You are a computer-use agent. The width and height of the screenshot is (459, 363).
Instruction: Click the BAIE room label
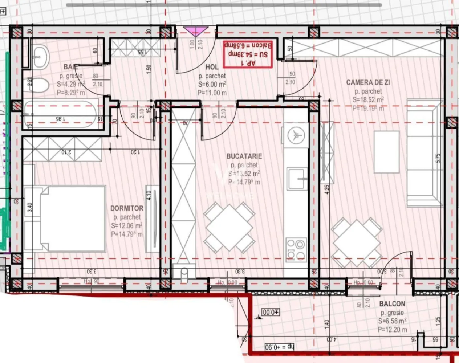coord(70,67)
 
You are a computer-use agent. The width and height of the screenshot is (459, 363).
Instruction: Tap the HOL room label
coord(212,67)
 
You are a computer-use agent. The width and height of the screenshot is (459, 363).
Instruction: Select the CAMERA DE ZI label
coord(368,82)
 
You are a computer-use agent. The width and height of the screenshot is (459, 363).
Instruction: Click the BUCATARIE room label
coord(244,156)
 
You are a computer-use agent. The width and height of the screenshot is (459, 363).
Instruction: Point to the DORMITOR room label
coord(127,208)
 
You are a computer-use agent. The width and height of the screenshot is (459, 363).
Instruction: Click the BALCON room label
coord(392,303)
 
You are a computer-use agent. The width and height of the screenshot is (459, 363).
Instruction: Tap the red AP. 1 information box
coord(248,54)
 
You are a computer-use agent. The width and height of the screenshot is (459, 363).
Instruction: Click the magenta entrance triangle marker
coord(195,31)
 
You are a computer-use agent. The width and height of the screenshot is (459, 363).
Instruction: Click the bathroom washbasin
coord(40,57)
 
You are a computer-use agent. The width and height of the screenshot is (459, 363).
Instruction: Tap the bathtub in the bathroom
coord(60,113)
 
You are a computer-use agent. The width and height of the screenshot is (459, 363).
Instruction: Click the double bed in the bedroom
coord(65,219)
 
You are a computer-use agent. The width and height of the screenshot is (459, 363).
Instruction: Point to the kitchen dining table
coord(229,228)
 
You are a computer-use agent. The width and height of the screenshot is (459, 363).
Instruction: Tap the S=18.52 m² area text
coord(368,100)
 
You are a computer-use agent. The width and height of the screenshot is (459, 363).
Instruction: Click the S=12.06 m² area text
coord(127,226)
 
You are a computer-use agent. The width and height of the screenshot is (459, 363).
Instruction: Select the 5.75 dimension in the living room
coord(438,158)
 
